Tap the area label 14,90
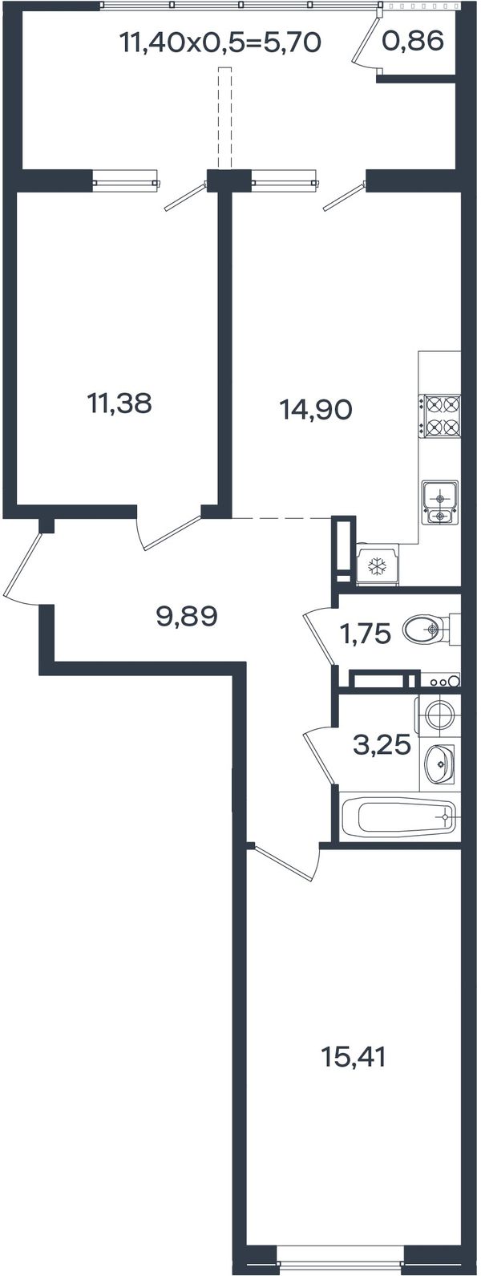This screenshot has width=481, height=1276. coord(317,409)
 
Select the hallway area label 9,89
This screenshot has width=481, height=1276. coord(187,616)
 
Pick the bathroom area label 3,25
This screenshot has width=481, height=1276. coord(382,744)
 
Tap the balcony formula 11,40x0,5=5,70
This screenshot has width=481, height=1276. coord(221,43)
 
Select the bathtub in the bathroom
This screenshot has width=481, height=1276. coord(401,817)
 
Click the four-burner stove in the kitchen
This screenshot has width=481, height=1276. coord(439,416)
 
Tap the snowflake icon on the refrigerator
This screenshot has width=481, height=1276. coord(376,566)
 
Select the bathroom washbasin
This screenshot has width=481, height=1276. coord(439,764)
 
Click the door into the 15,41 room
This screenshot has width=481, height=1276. coord(285,861)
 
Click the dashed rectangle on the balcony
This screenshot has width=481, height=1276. coord(225,119)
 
